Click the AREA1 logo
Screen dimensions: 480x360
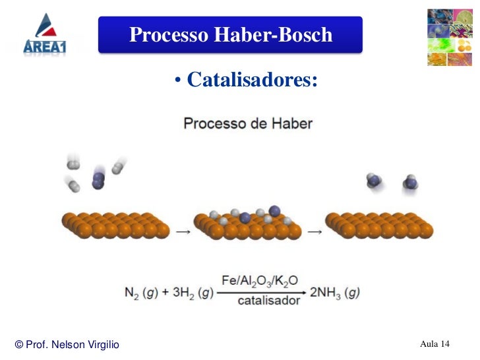[x=45, y=34]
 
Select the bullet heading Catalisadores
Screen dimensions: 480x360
[x=252, y=80]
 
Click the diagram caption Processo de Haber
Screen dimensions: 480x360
[x=247, y=123]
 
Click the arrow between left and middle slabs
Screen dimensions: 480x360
[x=181, y=232]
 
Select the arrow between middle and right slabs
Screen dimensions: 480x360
[x=315, y=232]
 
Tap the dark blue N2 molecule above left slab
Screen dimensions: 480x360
[x=98, y=177]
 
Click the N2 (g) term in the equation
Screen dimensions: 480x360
[x=144, y=292]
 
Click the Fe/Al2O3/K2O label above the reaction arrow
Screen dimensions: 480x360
[x=258, y=280]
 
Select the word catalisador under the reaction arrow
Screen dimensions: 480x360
[x=259, y=301]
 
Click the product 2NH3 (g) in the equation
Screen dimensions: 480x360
[x=334, y=292]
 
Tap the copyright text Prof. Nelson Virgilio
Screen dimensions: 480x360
[x=67, y=345]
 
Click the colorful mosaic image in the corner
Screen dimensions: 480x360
[x=448, y=37]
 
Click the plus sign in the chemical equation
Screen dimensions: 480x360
[x=167, y=292]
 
